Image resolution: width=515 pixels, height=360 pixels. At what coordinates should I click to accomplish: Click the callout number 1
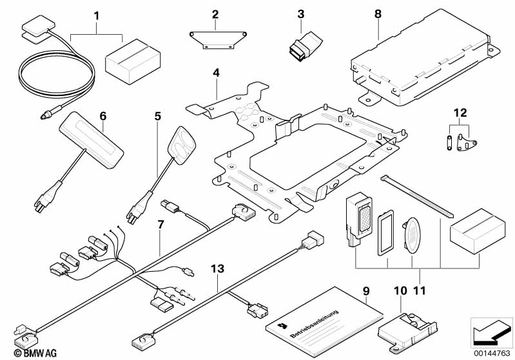click(97, 14)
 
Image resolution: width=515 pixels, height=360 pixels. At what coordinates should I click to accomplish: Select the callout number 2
click(215, 14)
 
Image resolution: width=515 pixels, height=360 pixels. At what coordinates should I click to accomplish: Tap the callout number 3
click(300, 14)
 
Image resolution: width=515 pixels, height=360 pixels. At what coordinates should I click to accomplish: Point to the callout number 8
click(378, 13)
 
